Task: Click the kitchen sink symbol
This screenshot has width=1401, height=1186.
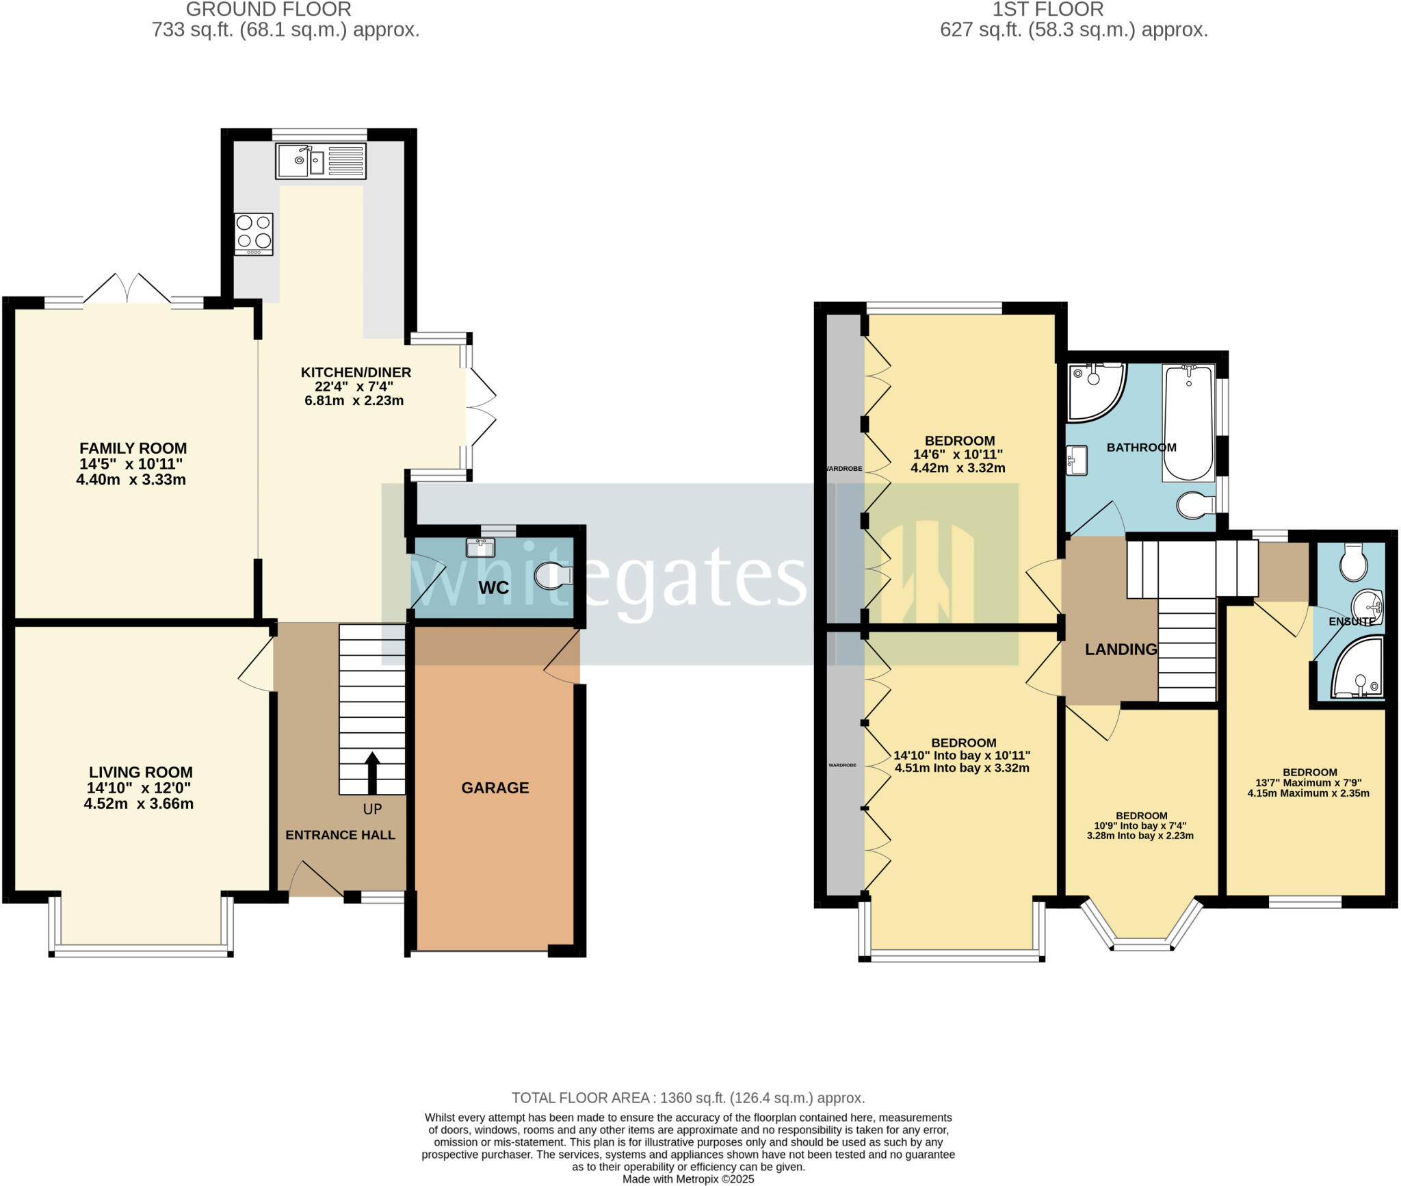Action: [320, 161]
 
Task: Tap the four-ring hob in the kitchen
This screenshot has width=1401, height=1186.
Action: [254, 234]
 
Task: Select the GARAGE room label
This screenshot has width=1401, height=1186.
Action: [495, 788]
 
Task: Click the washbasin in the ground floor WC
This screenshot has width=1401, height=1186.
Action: [480, 547]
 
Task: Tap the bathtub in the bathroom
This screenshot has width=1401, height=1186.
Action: [1189, 423]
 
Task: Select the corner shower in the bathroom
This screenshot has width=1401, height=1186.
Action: [1094, 391]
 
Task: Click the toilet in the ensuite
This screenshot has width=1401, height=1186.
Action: [1353, 563]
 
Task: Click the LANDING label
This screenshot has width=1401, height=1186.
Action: [1121, 649]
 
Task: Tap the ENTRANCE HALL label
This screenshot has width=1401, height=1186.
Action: [340, 835]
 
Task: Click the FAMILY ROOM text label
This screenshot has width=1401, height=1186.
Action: [133, 448]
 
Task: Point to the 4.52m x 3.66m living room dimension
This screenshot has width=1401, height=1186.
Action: [138, 804]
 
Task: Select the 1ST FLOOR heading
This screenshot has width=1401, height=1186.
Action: [1047, 10]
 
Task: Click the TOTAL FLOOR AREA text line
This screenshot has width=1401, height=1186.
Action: [688, 1098]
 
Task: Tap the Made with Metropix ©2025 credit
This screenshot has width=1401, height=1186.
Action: [688, 1179]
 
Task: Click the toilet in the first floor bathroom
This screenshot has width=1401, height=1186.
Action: [1194, 506]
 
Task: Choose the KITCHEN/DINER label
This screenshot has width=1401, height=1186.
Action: [356, 372]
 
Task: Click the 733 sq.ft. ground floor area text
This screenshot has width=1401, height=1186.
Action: [285, 30]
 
